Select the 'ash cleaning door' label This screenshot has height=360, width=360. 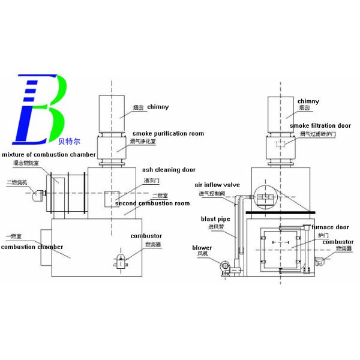pyautogui.click(x=169, y=170)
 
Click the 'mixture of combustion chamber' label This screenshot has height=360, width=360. pyautogui.click(x=48, y=154)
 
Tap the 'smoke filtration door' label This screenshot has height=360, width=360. pyautogui.click(x=320, y=125)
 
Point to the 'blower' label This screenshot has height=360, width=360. pyautogui.click(x=202, y=248)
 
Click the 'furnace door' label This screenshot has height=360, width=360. pyautogui.click(x=329, y=227)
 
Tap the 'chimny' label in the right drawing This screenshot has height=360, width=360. pyautogui.click(x=308, y=101)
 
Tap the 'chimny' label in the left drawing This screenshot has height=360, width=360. pyautogui.click(x=158, y=107)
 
